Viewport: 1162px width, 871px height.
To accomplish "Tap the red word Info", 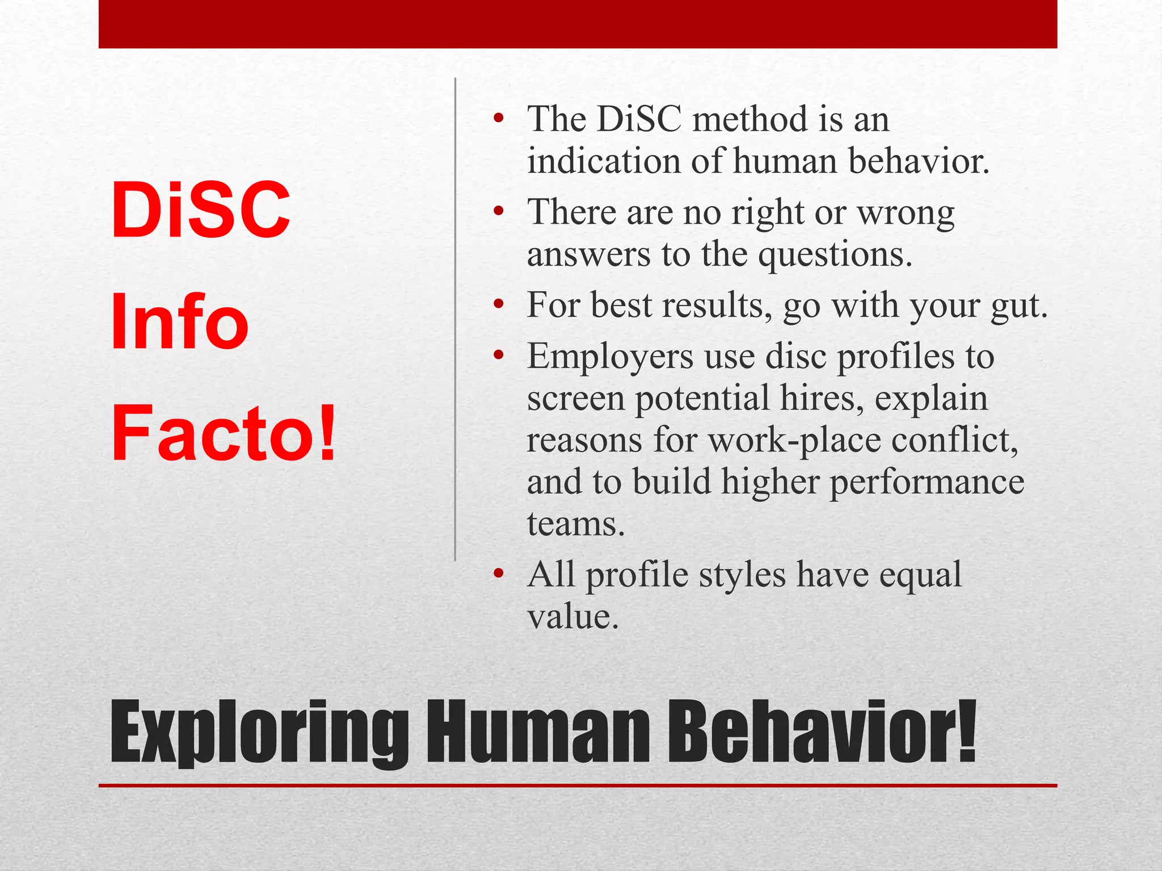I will (179, 322).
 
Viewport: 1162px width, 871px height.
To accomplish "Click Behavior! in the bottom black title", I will (821, 733).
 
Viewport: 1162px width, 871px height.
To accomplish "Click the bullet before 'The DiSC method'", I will (498, 119).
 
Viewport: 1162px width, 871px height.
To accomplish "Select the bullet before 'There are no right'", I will (498, 212).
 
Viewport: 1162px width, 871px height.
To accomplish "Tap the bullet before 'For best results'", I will (498, 305).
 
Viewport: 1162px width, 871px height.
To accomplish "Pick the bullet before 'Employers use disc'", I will (498, 356).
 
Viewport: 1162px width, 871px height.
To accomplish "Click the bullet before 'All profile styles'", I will (498, 574).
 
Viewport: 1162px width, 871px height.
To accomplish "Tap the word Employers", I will (610, 357).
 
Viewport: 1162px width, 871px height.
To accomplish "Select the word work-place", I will (794, 440).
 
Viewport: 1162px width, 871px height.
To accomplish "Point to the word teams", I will (575, 524).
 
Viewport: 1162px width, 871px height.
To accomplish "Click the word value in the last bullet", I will (572, 617).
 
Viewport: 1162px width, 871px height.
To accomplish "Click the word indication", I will (604, 161).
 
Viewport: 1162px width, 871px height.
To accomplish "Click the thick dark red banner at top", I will (578, 24).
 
